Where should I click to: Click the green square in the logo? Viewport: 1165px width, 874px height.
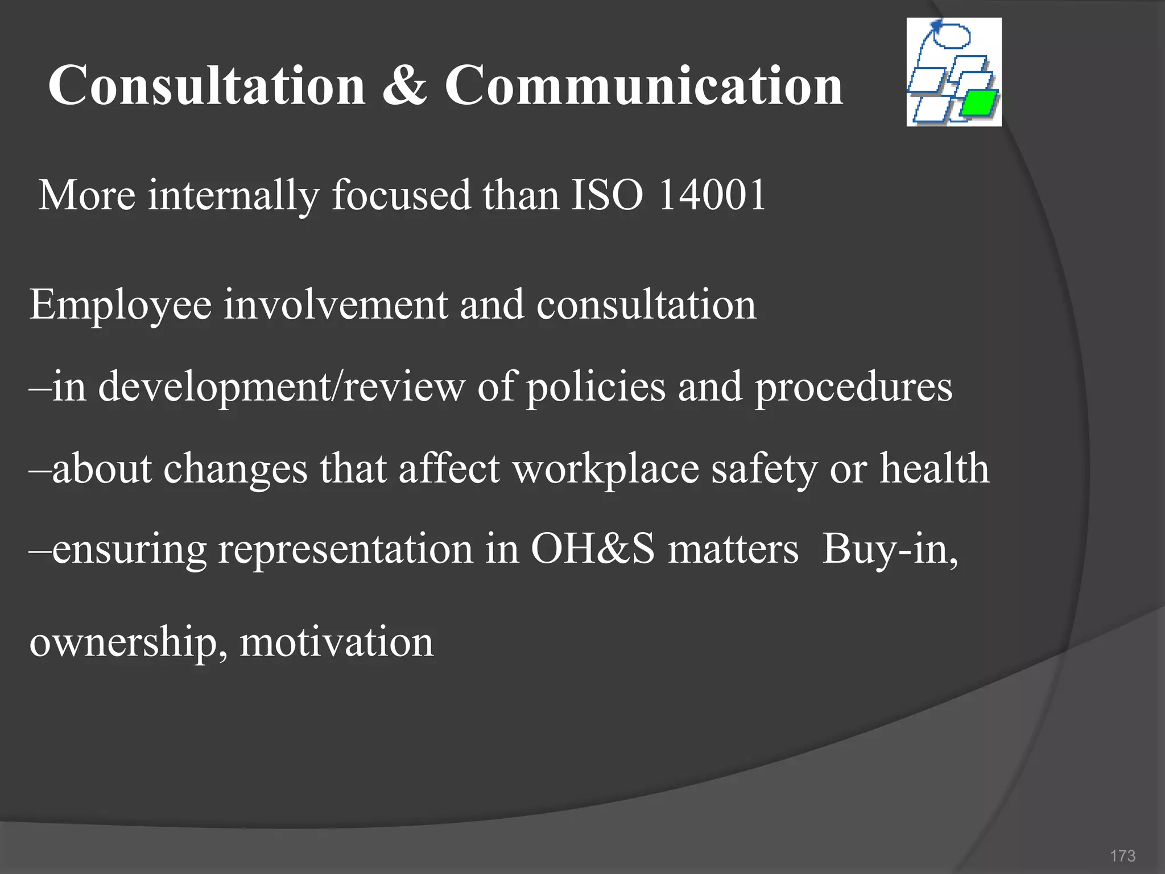(x=980, y=102)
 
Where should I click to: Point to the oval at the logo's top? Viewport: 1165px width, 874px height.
(x=951, y=35)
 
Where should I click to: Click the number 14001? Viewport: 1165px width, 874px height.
(x=712, y=195)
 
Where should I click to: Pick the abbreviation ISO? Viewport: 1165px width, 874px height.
(x=607, y=195)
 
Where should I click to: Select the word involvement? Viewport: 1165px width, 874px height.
(x=335, y=304)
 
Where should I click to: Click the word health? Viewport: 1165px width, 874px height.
(x=935, y=468)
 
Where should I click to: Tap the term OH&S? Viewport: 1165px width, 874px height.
(x=593, y=549)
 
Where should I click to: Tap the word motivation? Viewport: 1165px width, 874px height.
(x=336, y=642)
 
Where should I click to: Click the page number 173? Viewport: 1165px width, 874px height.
(x=1122, y=856)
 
